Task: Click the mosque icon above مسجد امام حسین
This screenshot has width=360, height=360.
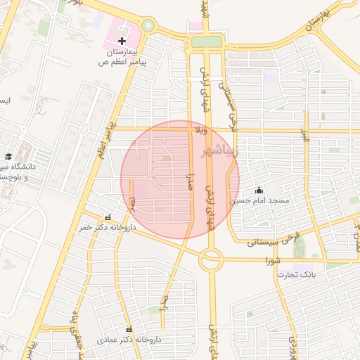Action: [x=259, y=189]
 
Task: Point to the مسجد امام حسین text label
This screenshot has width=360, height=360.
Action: [x=264, y=201]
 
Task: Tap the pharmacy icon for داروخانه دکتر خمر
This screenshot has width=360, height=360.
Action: [x=108, y=217]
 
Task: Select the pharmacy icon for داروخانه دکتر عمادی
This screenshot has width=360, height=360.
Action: [x=129, y=329]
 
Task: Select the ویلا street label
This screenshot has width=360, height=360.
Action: [x=202, y=130]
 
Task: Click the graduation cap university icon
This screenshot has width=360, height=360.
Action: [x=8, y=157]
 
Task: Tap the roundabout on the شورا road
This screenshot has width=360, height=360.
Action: [x=210, y=261]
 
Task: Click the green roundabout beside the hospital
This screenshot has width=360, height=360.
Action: [x=148, y=26]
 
